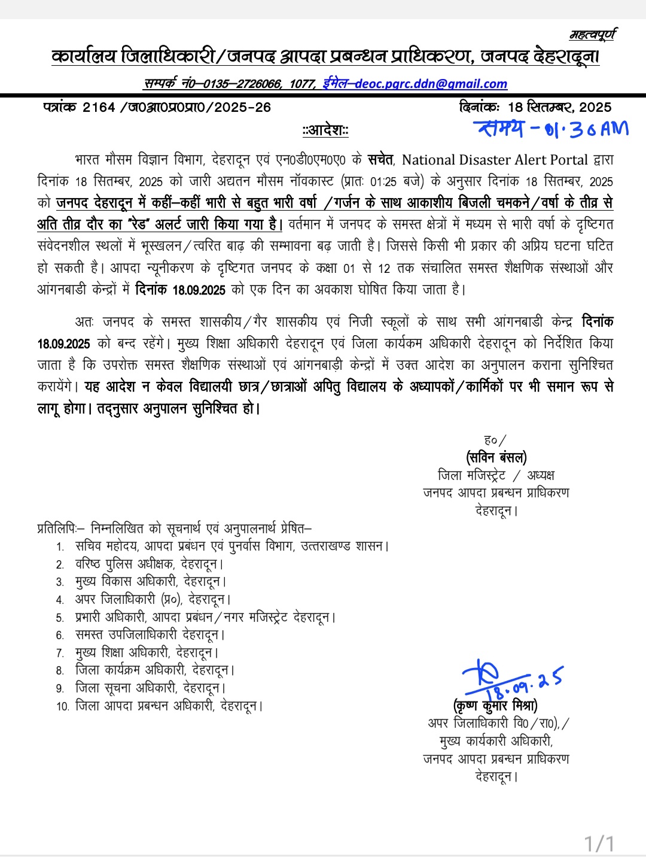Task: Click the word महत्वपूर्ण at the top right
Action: pyautogui.click(x=592, y=35)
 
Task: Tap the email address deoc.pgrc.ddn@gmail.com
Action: pyautogui.click(x=431, y=84)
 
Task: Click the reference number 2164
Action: pyautogui.click(x=99, y=108)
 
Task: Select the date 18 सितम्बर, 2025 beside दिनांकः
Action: pyautogui.click(x=559, y=108)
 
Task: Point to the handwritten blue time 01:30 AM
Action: pyautogui.click(x=550, y=129)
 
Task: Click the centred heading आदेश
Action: pyautogui.click(x=325, y=130)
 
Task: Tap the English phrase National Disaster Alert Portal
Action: pyautogui.click(x=495, y=160)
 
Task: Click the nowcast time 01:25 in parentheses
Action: pyautogui.click(x=383, y=182)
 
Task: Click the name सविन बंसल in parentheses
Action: pyautogui.click(x=496, y=458)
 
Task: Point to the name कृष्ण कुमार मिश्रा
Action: pyautogui.click(x=495, y=706)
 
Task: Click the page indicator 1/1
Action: pyautogui.click(x=599, y=844)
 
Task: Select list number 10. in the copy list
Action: pyautogui.click(x=63, y=707)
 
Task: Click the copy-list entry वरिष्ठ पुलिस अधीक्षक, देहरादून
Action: pyautogui.click(x=149, y=564)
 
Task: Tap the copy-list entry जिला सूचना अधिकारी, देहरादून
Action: pyautogui.click(x=150, y=688)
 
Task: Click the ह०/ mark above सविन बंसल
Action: pyautogui.click(x=495, y=440)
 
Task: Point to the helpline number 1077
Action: pyautogui.click(x=302, y=84)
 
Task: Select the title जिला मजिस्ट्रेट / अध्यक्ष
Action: pyautogui.click(x=496, y=476)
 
